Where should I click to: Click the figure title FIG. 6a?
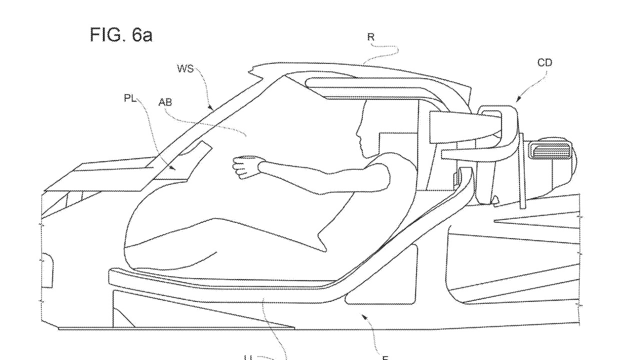point(121,35)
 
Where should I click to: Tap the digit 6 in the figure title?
point(138,35)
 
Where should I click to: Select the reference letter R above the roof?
point(370,37)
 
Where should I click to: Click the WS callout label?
point(184,68)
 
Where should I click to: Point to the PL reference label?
point(130,98)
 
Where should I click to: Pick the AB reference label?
point(165,102)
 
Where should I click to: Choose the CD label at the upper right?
point(544,63)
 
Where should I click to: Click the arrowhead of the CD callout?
point(518,100)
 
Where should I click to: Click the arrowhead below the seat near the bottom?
point(364,317)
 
